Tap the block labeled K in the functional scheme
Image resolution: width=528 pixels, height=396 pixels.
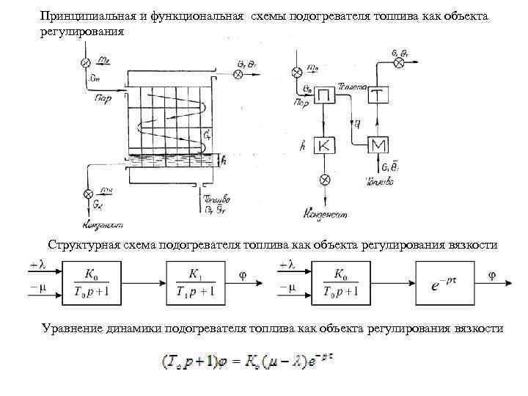point(326,145)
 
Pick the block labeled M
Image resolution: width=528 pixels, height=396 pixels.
point(377,145)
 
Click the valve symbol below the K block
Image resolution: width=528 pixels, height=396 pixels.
point(326,180)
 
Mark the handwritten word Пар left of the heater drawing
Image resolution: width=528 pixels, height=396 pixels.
point(101,98)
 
